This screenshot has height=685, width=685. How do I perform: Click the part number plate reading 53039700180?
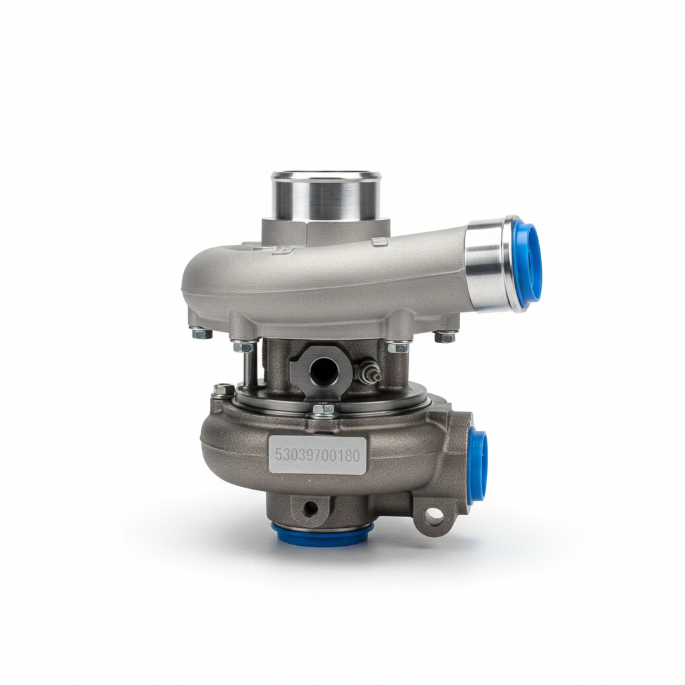[x=317, y=455]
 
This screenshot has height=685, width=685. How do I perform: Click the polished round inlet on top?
[x=326, y=196]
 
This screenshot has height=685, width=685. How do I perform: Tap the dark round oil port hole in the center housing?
[x=324, y=371]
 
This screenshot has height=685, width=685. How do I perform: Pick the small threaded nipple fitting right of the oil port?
[x=369, y=372]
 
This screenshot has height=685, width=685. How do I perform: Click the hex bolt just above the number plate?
[x=323, y=410]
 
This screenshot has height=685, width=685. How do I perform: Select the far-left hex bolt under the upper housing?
[x=201, y=334]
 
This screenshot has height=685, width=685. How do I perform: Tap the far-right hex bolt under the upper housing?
[x=445, y=337]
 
